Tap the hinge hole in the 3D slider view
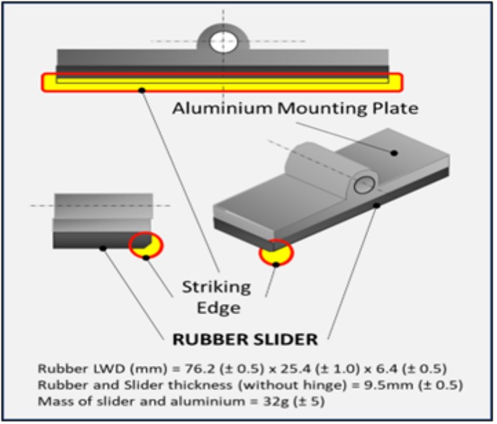364,184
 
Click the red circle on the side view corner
146,244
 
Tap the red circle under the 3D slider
276,253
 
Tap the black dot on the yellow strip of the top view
141,89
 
